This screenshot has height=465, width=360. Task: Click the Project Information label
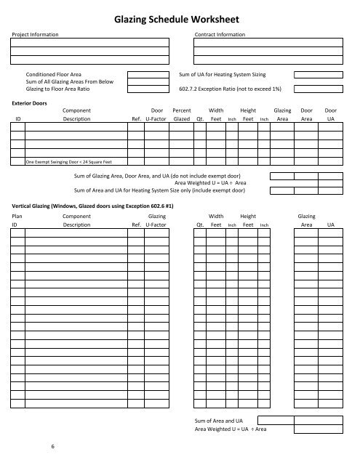(34, 34)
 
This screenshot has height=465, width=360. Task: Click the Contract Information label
(220, 34)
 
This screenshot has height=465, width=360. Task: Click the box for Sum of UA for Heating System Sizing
(314, 75)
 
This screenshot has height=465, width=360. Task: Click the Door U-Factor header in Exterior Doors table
(156, 115)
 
